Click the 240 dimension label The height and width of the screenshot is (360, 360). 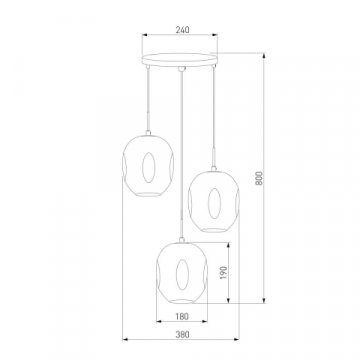(x=182, y=30)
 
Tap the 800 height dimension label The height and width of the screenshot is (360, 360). (x=259, y=178)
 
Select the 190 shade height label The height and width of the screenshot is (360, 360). (x=223, y=273)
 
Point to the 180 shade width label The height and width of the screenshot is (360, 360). (x=182, y=316)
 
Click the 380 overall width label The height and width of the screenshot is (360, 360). (x=182, y=334)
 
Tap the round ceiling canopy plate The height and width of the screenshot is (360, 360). (x=180, y=60)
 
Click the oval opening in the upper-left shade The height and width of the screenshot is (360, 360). (x=149, y=168)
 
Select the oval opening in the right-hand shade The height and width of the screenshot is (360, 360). (x=214, y=203)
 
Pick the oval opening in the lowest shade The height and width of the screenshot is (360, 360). (x=182, y=275)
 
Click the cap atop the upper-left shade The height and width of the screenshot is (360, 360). (x=148, y=133)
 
